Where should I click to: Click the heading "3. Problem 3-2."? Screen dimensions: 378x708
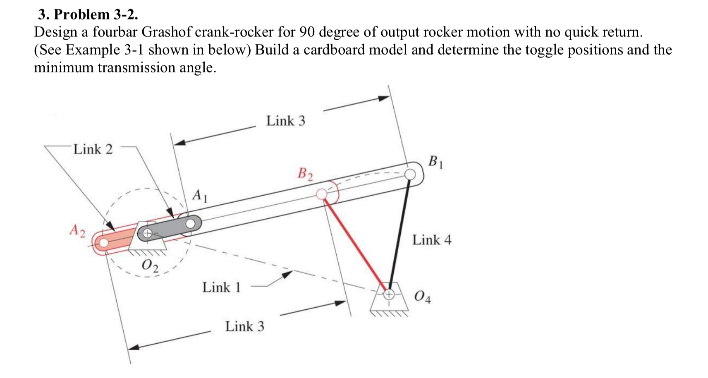[88, 14]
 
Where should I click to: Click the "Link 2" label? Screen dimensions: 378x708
[93, 149]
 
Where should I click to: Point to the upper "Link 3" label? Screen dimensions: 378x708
[286, 121]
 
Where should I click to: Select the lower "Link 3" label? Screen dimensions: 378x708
[244, 326]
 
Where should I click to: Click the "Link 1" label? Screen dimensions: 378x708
[221, 287]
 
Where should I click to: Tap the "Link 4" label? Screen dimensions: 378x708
[432, 240]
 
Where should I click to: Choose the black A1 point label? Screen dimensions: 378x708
[200, 195]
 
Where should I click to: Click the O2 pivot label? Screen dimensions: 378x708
[149, 265]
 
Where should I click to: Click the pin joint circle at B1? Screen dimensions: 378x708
[410, 174]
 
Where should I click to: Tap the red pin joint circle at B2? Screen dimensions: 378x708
[322, 194]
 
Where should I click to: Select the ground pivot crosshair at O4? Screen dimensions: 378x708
[389, 294]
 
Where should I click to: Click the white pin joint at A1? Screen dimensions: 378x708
[190, 224]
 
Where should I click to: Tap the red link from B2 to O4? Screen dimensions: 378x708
[356, 244]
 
